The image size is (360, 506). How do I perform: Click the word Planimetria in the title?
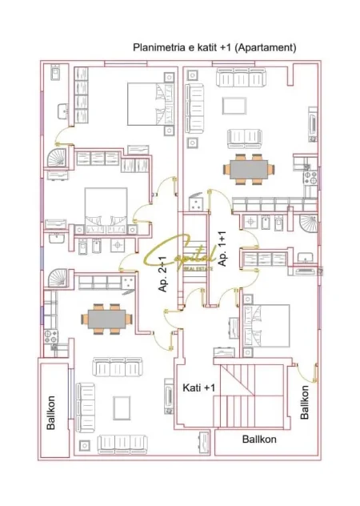(x=157, y=47)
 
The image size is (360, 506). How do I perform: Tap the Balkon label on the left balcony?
(x=51, y=412)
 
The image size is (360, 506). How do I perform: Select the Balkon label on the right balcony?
(x=305, y=402)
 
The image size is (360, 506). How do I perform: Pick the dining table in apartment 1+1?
(x=250, y=170)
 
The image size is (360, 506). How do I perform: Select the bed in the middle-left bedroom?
(x=106, y=207)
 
